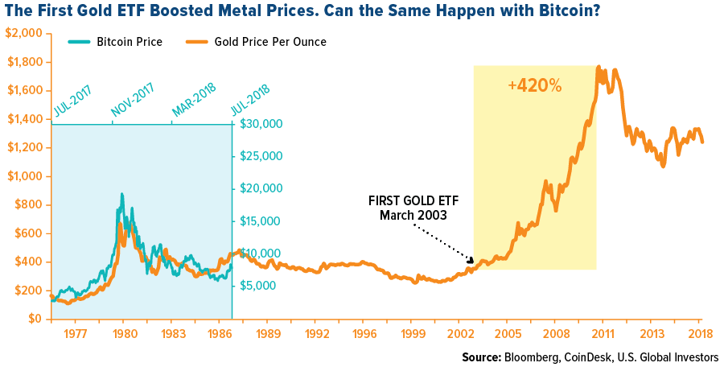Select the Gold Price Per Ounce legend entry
(269, 42)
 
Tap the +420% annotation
(534, 85)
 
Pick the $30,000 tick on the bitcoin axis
(261, 124)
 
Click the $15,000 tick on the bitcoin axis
(261, 221)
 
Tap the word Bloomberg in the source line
(530, 357)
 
